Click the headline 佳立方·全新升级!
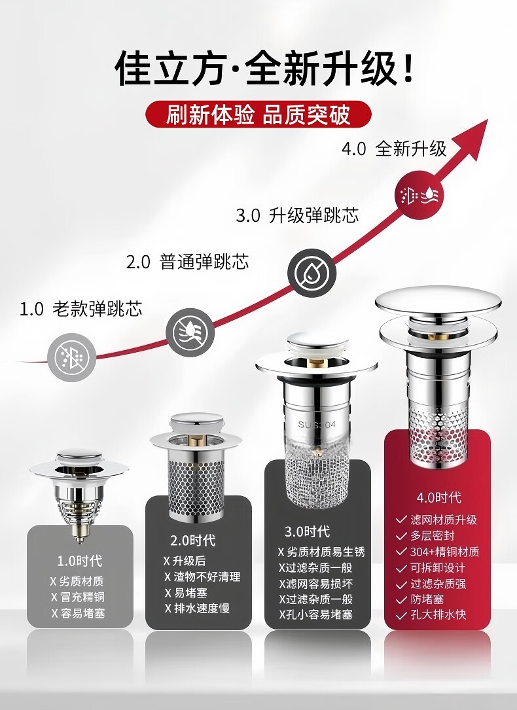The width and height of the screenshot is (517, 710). (x=264, y=69)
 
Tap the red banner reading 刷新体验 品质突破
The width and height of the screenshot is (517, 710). (x=258, y=114)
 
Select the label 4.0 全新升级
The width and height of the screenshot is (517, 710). (x=394, y=149)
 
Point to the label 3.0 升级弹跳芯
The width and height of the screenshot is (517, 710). (x=297, y=215)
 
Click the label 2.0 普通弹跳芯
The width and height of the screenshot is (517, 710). (x=187, y=262)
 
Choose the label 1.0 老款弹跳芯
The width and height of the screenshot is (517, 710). (x=80, y=309)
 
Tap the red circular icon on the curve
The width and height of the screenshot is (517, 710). (x=419, y=195)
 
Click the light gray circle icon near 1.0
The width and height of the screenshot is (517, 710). (x=72, y=357)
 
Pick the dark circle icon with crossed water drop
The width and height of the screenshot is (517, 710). (x=312, y=273)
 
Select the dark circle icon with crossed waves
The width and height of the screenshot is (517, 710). (x=190, y=332)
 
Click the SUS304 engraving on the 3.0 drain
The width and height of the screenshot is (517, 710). (x=317, y=425)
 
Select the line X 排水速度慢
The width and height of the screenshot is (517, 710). (x=197, y=608)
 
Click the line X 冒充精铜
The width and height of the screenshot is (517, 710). (x=78, y=597)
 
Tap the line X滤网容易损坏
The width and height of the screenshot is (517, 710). (x=315, y=584)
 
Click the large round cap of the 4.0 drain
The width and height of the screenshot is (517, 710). (x=438, y=299)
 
